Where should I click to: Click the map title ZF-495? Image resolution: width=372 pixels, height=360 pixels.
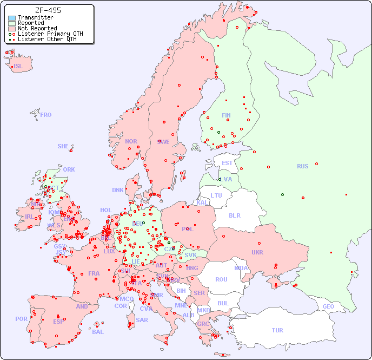pyautogui.click(x=48, y=10)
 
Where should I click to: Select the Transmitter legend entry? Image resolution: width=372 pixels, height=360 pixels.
pyautogui.click(x=35, y=18)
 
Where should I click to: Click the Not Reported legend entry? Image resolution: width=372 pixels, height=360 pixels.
pyautogui.click(x=37, y=28)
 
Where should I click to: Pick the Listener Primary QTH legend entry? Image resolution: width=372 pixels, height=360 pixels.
pyautogui.click(x=50, y=34)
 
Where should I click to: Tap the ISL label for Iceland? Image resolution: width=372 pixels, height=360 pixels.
pyautogui.click(x=18, y=67)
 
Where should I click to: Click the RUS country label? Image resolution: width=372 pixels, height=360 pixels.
pyautogui.click(x=302, y=167)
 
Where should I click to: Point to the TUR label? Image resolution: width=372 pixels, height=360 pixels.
pyautogui.click(x=277, y=330)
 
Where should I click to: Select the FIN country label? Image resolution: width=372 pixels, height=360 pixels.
pyautogui.click(x=226, y=115)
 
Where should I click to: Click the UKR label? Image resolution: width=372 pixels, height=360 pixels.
pyautogui.click(x=257, y=252)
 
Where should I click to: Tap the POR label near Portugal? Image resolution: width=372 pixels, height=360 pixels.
pyautogui.click(x=21, y=319)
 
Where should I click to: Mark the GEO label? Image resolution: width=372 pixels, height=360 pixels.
pyautogui.click(x=328, y=306)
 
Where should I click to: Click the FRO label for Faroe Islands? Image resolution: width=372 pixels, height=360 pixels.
pyautogui.click(x=46, y=115)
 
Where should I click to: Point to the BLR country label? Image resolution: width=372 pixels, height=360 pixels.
pyautogui.click(x=234, y=215)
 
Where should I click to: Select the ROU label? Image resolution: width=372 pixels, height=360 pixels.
pyautogui.click(x=221, y=279)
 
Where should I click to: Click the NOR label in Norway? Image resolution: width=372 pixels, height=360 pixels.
pyautogui.click(x=131, y=141)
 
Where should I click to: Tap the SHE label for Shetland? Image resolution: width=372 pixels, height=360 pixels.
pyautogui.click(x=63, y=146)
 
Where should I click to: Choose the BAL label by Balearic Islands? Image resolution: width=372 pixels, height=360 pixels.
pyautogui.click(x=98, y=332)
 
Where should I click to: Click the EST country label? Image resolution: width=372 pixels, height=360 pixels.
pyautogui.click(x=227, y=163)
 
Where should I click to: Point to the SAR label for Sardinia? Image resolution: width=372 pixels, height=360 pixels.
pyautogui.click(x=142, y=320)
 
